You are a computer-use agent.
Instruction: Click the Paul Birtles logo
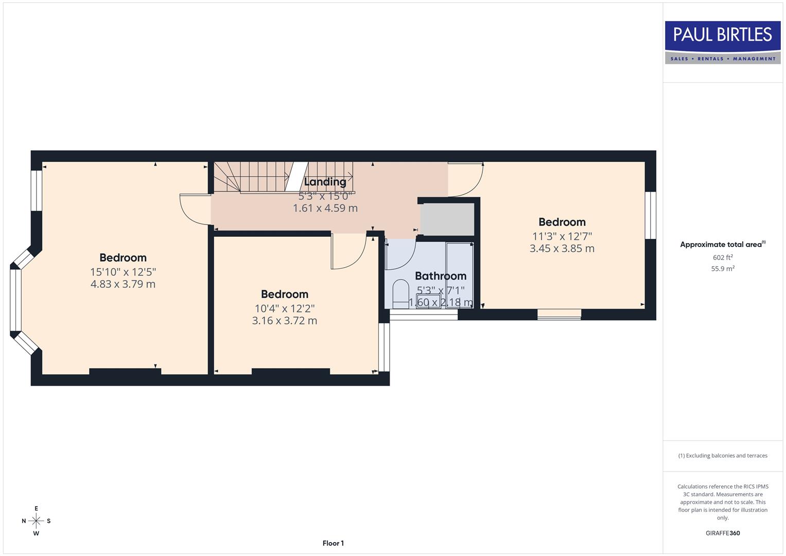pos(723,42)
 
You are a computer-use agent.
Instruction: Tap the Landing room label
pos(325,182)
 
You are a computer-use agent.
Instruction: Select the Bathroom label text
pos(441,276)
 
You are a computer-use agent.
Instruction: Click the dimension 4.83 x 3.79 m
pos(123,284)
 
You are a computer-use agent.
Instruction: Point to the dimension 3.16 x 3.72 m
pos(285,321)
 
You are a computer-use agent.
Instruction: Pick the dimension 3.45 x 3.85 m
pos(562,248)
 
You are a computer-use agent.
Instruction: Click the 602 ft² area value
pos(723,257)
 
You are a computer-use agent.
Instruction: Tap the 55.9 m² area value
pos(723,268)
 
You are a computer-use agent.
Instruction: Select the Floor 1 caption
pos(333,543)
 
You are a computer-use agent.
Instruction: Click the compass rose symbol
pos(36,521)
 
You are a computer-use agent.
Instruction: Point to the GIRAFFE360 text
pos(723,533)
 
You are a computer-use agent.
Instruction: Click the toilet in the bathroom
pos(400,293)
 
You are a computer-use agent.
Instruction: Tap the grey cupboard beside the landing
pos(447,219)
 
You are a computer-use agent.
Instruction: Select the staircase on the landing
pos(257,177)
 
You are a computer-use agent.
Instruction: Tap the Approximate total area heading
pos(723,245)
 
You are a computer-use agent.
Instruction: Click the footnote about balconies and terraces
pos(723,456)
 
